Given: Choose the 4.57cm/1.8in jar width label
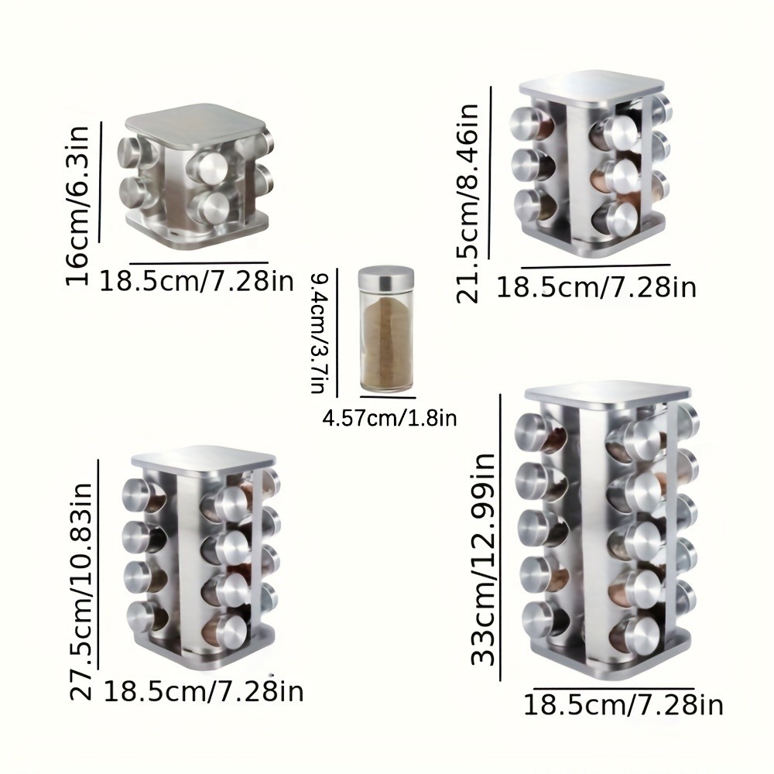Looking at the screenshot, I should [x=389, y=420].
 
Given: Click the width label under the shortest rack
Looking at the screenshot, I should [x=197, y=280].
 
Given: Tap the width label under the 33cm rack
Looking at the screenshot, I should [x=623, y=706].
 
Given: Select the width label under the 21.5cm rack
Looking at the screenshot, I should [x=595, y=288].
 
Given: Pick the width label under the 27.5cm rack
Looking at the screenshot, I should [x=203, y=691].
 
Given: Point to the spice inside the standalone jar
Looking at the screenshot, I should [x=386, y=344].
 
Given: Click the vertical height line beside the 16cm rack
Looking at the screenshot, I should [x=101, y=175].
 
